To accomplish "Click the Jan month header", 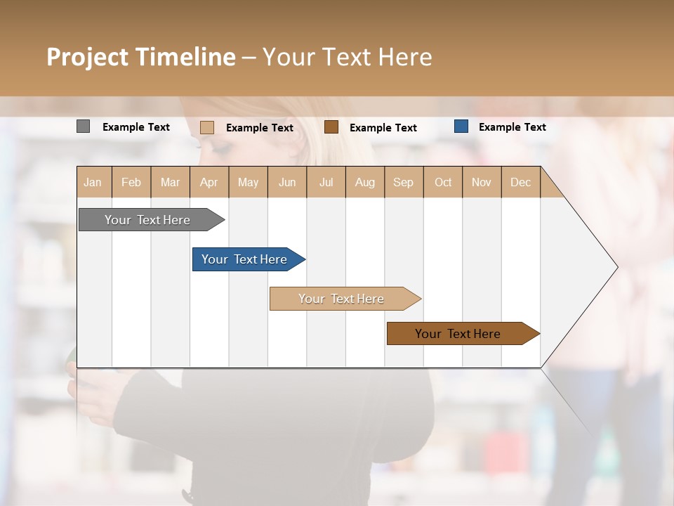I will (x=93, y=182).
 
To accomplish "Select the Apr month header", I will (x=209, y=182).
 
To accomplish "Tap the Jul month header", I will (x=326, y=182).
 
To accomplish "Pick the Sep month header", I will (x=403, y=182).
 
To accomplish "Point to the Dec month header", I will (x=520, y=182).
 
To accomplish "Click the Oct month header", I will (x=443, y=182).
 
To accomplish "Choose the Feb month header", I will (x=131, y=182).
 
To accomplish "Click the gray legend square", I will (x=84, y=126).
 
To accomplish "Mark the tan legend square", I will (x=207, y=127).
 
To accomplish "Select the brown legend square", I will (x=331, y=127).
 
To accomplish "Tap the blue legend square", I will (x=461, y=126).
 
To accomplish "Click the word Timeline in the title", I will (x=185, y=57).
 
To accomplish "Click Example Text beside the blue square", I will (x=512, y=127).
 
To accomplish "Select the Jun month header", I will (x=287, y=182).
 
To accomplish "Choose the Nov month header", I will (x=482, y=182).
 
